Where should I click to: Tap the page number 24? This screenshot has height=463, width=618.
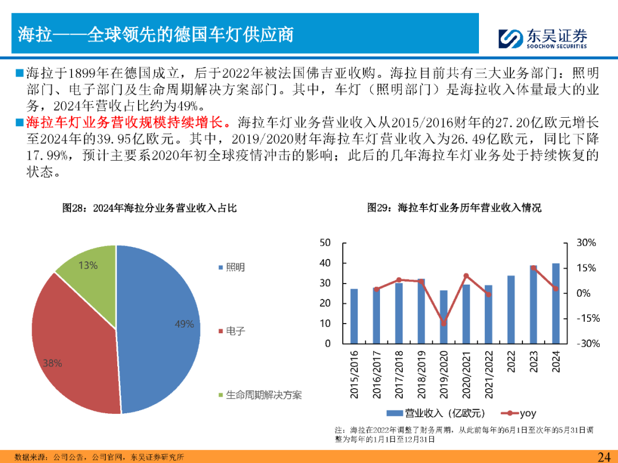tap(604, 456)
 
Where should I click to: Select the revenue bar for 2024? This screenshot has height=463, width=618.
tap(556, 303)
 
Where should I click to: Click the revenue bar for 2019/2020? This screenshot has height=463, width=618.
tap(443, 317)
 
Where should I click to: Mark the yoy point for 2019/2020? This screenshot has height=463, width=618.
tap(443, 323)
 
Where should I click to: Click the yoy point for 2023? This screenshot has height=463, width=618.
tap(533, 268)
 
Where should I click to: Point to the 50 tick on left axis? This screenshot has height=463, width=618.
tap(325, 243)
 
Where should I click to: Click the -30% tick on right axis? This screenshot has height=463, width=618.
tap(587, 344)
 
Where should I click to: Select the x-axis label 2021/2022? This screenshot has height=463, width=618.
tap(488, 374)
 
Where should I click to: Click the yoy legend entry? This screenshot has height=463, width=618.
tap(519, 413)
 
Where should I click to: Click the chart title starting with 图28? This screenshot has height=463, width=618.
tap(149, 208)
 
